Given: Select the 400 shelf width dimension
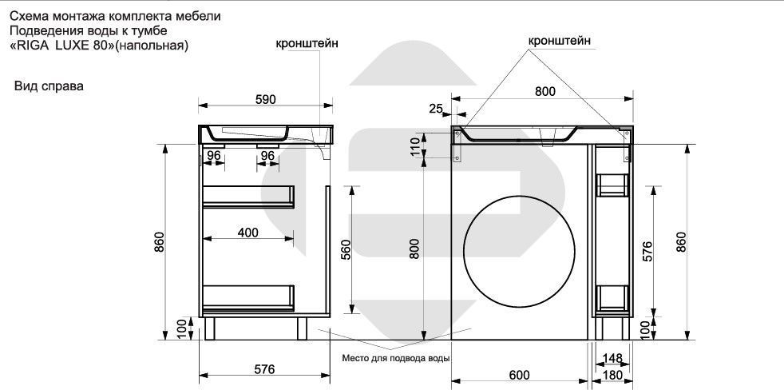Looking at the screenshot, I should point(248,232).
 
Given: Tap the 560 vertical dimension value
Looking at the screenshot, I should point(346,253).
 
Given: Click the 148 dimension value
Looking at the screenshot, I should point(613,357).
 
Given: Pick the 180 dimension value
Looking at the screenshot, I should point(613,376).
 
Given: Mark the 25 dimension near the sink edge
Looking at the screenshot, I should point(436,109).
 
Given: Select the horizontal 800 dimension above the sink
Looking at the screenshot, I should point(544,92).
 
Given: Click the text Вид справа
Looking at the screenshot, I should point(49,86).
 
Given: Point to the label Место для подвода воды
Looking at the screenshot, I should point(396,357).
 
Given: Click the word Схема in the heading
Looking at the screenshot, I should point(26,16).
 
